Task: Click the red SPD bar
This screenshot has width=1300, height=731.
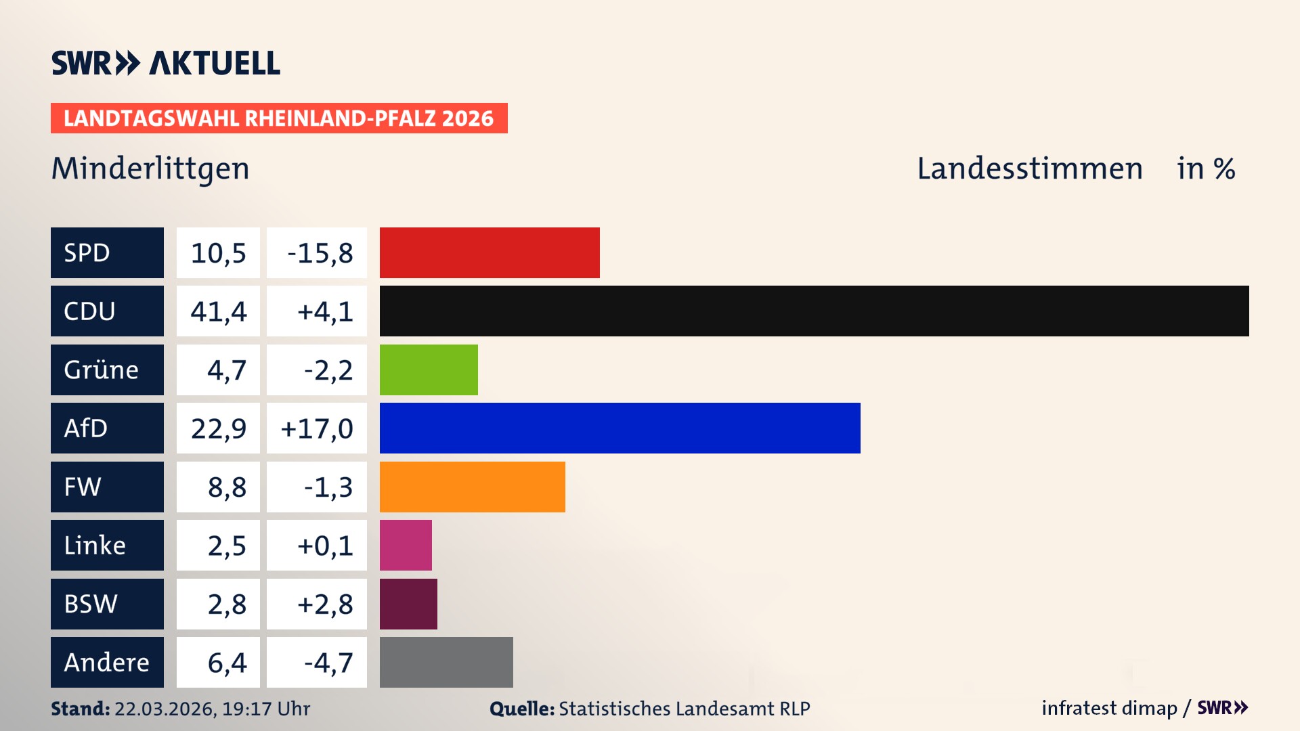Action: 490,252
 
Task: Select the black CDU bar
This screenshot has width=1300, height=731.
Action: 814,311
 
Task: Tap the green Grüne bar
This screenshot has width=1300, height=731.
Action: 429,370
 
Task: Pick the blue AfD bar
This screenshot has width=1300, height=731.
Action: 620,428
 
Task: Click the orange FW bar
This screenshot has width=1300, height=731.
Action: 472,487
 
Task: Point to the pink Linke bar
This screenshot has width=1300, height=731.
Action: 406,545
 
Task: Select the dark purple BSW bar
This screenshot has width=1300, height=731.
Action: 408,604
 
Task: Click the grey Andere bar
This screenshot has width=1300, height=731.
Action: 446,662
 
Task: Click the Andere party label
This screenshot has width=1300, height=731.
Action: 107,662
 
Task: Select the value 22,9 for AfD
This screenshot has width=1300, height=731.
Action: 218,428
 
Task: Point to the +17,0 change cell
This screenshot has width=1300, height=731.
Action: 317,428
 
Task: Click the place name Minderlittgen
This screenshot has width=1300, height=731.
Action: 150,169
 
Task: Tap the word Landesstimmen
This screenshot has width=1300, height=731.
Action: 1029,169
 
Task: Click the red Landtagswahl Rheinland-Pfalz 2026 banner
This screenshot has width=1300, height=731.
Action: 279,118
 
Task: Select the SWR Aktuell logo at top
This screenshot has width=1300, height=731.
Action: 165,63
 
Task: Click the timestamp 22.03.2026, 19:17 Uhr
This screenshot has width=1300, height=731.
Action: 212,709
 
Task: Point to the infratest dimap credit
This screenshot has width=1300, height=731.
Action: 1108,708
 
